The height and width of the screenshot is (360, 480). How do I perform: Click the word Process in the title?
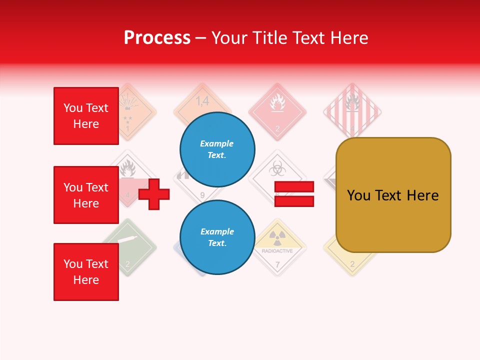(157, 38)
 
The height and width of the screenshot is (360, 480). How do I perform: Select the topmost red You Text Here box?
(86, 116)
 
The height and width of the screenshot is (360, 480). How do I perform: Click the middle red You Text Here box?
(86, 195)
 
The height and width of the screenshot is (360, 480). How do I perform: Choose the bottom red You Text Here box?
(86, 272)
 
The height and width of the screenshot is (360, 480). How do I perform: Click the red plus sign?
(154, 194)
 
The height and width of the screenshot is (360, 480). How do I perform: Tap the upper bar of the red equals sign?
(294, 186)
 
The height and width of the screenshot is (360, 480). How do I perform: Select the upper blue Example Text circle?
(217, 149)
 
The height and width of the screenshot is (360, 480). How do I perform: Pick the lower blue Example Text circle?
(217, 237)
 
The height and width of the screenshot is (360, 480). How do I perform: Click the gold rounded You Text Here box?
(393, 195)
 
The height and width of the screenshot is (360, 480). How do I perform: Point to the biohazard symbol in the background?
(276, 170)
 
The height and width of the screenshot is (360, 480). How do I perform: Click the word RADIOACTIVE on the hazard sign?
(277, 251)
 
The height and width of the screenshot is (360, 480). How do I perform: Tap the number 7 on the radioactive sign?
(277, 264)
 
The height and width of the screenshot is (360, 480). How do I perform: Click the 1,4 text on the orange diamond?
(202, 101)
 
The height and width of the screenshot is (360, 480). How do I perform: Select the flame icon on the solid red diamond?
(277, 104)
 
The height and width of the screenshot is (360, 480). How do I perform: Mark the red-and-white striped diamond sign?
(352, 111)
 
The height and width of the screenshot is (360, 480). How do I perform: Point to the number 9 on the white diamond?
(202, 195)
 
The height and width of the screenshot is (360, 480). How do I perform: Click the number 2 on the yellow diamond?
(352, 264)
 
